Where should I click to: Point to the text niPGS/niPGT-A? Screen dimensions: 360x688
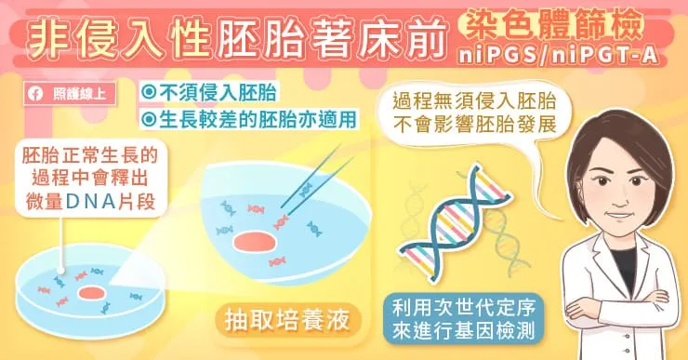point(559,57)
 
